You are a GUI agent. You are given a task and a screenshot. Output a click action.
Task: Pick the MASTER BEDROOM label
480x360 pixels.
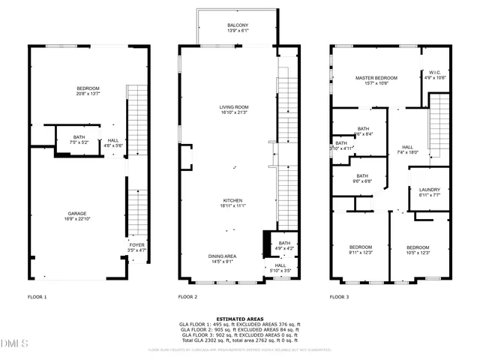point(376,78)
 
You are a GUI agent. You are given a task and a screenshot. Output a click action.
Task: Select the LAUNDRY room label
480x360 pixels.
point(429,190)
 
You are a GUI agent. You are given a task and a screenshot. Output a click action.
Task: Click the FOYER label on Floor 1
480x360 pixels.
point(136,244)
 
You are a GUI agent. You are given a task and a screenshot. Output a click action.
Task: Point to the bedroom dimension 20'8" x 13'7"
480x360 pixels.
point(87,94)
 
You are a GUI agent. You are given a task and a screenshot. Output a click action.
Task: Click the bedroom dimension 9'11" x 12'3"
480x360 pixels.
point(360,253)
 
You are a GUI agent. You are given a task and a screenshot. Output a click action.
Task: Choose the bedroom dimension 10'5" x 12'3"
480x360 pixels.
point(418,253)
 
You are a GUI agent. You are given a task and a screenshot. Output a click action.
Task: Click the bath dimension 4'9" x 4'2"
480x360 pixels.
point(284,248)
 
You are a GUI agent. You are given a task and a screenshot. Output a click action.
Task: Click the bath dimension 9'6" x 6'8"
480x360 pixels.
point(363,181)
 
